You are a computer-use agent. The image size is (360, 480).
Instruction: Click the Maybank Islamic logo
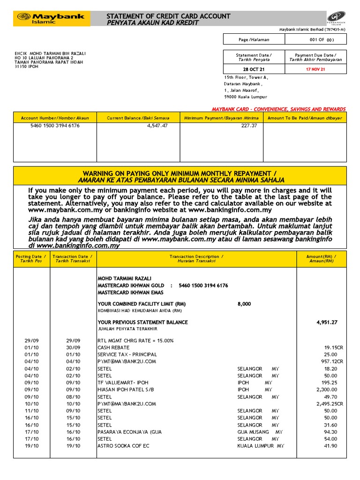click(x=51, y=19)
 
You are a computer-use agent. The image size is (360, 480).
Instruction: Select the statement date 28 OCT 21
click(x=254, y=69)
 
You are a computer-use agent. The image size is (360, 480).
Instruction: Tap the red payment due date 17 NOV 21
click(x=315, y=69)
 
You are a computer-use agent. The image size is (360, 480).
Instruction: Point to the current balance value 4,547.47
click(x=157, y=126)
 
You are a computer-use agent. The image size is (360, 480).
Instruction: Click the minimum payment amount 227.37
click(x=249, y=126)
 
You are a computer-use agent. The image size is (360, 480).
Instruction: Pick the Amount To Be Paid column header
click(x=304, y=118)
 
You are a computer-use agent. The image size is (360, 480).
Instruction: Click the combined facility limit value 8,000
click(x=244, y=304)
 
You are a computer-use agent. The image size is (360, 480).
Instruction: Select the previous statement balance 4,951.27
click(x=327, y=322)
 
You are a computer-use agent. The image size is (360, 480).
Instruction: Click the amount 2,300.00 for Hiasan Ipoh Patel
click(x=327, y=390)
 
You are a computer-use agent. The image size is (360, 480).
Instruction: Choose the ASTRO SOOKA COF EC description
click(x=123, y=446)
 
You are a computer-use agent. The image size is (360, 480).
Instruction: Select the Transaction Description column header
click(x=196, y=259)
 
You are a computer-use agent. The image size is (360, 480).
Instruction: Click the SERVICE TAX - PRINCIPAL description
click(x=127, y=354)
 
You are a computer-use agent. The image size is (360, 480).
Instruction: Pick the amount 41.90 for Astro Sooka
click(x=330, y=446)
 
